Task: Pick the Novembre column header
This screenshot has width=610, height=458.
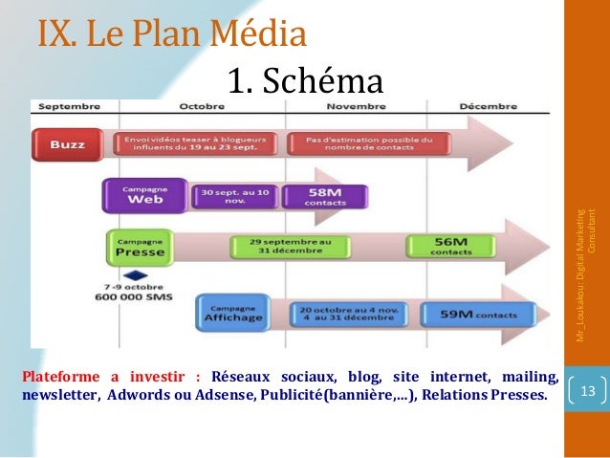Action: [356, 106]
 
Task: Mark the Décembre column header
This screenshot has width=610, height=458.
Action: [489, 106]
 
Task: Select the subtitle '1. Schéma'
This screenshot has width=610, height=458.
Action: [307, 80]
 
